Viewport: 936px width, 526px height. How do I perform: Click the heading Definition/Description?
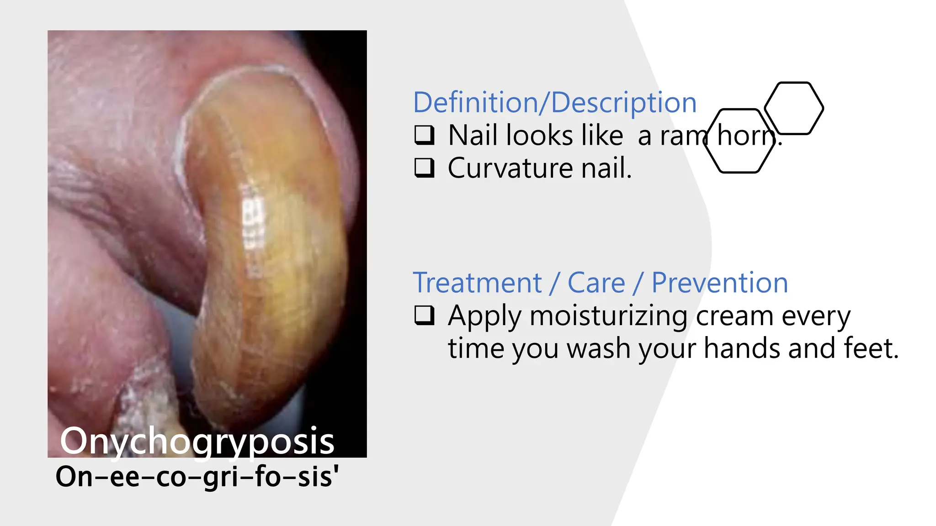tap(554, 102)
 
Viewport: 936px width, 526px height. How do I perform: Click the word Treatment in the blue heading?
tap(477, 283)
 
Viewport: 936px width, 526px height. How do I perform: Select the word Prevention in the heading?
tap(719, 283)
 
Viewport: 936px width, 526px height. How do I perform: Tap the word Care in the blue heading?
tap(596, 283)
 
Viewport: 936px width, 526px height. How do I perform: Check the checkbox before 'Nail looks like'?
tap(424, 135)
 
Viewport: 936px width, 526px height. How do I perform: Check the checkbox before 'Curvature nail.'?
tap(424, 168)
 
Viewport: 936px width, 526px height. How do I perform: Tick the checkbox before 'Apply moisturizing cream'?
tap(424, 315)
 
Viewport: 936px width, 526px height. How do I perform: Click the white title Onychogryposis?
tap(197, 441)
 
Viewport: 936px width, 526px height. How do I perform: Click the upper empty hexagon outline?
tap(794, 108)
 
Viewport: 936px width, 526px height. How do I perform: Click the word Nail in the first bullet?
tap(472, 135)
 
